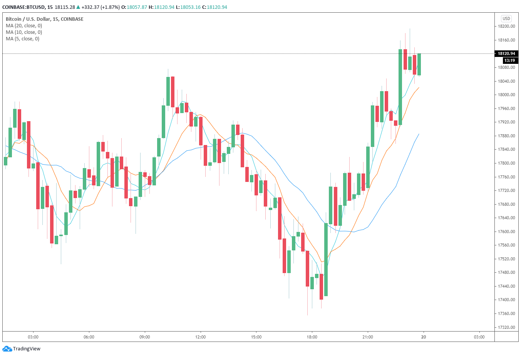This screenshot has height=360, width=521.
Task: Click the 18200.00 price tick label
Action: coord(506,26)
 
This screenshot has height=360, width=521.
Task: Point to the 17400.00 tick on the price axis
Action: coord(506,300)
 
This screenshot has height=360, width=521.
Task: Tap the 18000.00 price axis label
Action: coord(506,95)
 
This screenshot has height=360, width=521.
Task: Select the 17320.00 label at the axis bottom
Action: coord(506,327)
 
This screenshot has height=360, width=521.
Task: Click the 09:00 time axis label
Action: coord(144,337)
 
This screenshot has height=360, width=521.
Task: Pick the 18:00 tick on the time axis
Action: coord(312,337)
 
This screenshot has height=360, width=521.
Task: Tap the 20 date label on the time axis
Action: coord(424,337)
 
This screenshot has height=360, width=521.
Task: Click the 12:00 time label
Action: coord(200,337)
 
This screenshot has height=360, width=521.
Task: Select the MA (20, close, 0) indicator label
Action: coord(24,26)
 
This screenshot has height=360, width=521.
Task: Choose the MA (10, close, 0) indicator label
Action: coord(24,32)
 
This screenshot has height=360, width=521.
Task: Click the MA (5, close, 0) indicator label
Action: coord(22,39)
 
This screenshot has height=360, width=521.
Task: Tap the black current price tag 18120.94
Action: coord(506,53)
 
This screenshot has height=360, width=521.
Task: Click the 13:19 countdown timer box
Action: coord(509,60)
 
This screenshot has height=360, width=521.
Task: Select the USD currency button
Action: coord(506,18)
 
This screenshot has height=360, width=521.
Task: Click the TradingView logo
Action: coord(22,349)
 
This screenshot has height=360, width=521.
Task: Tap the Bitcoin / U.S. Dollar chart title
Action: coord(44,19)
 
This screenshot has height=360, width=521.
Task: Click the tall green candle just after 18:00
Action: coord(326,260)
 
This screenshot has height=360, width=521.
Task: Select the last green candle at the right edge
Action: coord(419,64)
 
